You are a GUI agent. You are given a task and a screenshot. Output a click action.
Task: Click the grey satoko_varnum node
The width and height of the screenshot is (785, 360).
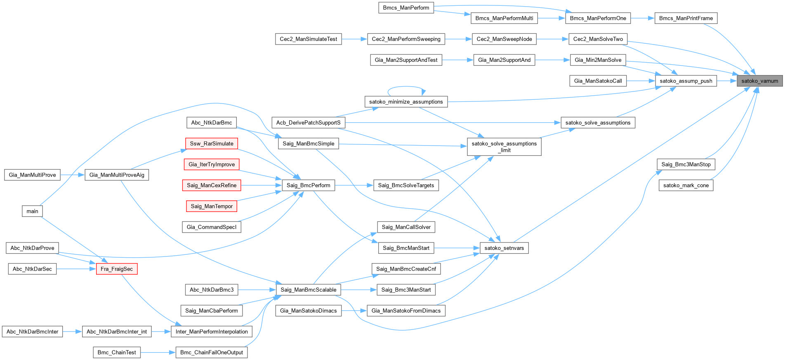(759, 81)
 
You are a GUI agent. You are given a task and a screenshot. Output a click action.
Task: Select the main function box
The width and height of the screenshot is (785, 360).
(32, 211)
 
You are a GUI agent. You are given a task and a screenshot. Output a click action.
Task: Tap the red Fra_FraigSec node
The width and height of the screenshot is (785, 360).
(117, 269)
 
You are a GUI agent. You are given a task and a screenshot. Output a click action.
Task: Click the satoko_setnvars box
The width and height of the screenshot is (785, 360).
(504, 248)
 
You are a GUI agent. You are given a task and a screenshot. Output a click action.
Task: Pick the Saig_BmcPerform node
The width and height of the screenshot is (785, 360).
(308, 185)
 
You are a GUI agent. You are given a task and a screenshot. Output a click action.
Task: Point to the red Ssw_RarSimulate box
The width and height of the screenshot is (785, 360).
(212, 144)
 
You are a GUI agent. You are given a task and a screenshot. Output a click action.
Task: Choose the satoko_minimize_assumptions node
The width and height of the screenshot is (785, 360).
(406, 101)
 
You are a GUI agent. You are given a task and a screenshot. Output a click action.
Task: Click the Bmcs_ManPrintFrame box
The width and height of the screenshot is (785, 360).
(686, 18)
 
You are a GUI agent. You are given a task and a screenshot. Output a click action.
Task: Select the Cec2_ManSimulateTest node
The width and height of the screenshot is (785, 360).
(308, 39)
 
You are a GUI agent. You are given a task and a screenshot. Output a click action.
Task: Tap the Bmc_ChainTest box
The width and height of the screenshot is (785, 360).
(117, 352)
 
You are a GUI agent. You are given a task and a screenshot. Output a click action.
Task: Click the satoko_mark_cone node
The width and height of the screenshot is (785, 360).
(686, 185)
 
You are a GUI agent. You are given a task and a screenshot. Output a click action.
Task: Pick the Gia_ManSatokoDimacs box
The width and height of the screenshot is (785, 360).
(308, 311)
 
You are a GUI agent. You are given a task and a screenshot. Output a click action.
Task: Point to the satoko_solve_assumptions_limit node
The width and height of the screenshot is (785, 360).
(504, 147)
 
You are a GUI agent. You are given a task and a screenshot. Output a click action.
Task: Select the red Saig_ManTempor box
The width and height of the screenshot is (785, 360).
(212, 206)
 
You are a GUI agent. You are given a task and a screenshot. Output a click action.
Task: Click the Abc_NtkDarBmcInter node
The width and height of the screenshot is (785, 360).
(32, 332)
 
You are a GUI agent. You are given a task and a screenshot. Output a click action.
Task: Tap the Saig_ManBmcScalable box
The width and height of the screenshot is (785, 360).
(308, 289)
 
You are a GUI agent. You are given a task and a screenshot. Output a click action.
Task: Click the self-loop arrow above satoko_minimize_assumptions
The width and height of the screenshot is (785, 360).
(406, 87)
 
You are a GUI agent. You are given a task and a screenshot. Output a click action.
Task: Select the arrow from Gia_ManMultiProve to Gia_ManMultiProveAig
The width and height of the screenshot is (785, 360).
(73, 175)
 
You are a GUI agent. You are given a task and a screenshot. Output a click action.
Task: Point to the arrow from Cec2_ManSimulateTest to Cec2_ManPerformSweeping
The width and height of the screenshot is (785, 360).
(354, 39)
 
